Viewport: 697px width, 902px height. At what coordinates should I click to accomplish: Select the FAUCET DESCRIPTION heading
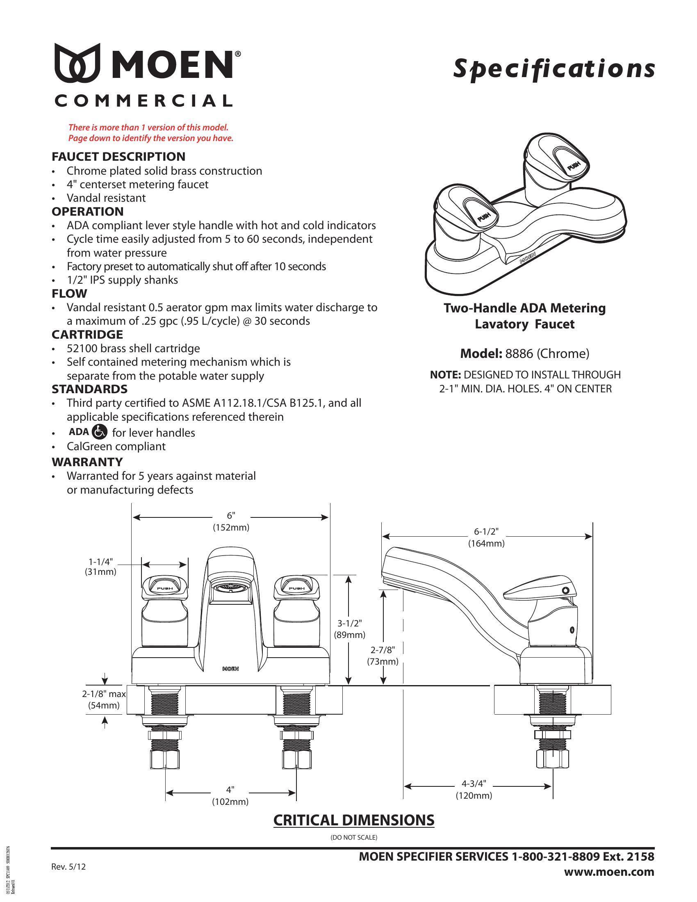tap(118, 157)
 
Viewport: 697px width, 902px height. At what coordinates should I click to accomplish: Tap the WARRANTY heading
tap(87, 462)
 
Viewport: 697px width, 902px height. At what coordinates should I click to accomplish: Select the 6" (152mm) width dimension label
tap(231, 522)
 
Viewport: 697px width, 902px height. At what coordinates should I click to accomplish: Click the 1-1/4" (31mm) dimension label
tap(101, 567)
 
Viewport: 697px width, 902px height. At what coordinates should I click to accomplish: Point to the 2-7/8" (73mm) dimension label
tap(383, 656)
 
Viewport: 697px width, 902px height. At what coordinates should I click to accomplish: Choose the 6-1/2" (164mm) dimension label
tap(486, 538)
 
